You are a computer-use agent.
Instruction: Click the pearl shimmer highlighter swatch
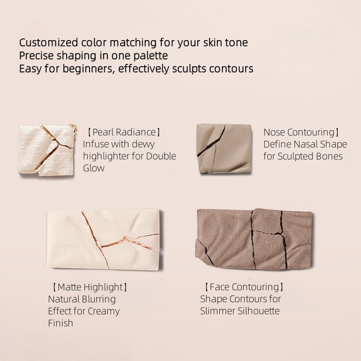coord(47,149)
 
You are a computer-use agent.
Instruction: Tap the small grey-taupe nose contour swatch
coord(224,149)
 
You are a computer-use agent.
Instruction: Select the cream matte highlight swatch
coord(104,239)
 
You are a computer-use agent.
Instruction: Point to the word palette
coord(152,56)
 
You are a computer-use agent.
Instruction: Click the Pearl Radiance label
coord(124,133)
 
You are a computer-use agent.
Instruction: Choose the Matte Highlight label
coord(90,287)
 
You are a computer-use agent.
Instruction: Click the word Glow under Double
coord(94,168)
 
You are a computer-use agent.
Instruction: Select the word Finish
coord(60,323)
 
